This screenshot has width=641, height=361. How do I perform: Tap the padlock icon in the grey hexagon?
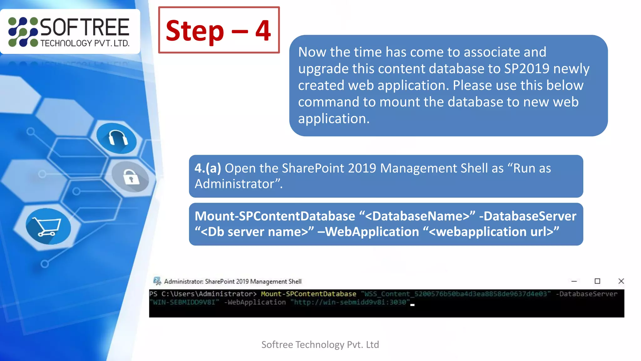tap(131, 177)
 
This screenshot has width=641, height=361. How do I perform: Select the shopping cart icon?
tap(48, 227)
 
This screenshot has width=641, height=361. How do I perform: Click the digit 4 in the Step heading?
tap(263, 31)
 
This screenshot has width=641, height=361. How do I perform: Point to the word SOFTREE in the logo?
tap(85, 28)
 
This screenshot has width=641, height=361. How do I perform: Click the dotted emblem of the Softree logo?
tap(23, 32)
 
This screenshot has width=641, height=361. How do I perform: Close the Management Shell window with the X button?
tap(621, 281)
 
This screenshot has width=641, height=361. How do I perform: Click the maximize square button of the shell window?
tap(597, 281)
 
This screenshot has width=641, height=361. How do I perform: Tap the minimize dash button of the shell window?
tap(574, 281)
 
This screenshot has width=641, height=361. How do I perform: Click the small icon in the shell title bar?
tap(157, 281)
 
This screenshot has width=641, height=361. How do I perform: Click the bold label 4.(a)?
tap(208, 168)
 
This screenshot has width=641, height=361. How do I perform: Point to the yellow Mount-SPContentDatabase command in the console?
tap(308, 294)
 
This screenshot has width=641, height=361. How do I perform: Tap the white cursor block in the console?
tap(413, 304)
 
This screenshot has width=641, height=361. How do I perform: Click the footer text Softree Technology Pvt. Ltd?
tap(320, 345)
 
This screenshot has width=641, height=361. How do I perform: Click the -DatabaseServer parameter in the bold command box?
tap(528, 216)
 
